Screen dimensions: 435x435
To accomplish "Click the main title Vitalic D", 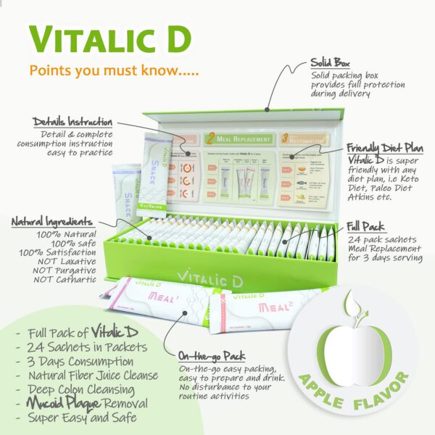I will pos(109,42).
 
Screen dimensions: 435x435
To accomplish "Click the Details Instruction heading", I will pos(72,122).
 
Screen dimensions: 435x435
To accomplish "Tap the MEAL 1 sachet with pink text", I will pos(156,299).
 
